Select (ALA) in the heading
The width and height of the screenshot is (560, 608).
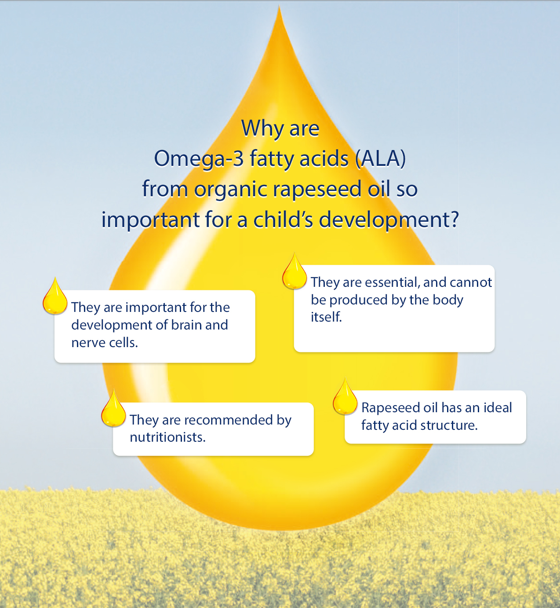[x=381, y=158]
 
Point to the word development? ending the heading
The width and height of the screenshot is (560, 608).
[x=389, y=220]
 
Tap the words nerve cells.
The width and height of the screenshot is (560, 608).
[x=105, y=343]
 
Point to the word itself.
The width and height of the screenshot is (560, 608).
[x=326, y=317]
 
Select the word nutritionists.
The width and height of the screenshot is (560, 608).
[x=167, y=437]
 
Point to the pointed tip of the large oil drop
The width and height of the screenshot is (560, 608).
[x=280, y=8]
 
